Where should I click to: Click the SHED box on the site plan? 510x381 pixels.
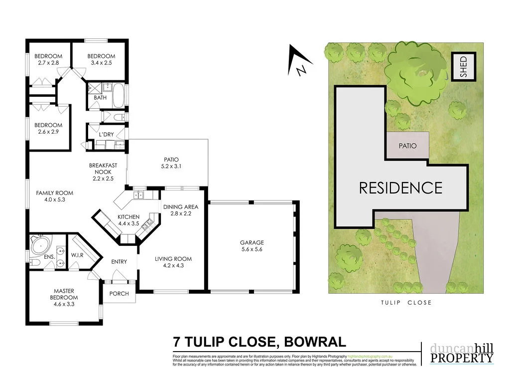click(464, 66)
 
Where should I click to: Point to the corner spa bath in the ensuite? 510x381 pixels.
click(38, 245)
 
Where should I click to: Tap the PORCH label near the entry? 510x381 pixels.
click(119, 294)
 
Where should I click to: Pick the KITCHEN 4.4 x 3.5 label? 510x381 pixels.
click(128, 220)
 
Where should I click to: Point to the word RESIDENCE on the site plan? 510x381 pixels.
click(400, 188)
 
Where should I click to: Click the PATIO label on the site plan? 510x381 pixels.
click(407, 146)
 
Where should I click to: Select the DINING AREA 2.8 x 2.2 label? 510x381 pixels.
click(181, 210)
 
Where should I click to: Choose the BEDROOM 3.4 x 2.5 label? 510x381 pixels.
click(101, 59)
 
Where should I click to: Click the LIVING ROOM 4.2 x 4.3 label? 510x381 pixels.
click(173, 262)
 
